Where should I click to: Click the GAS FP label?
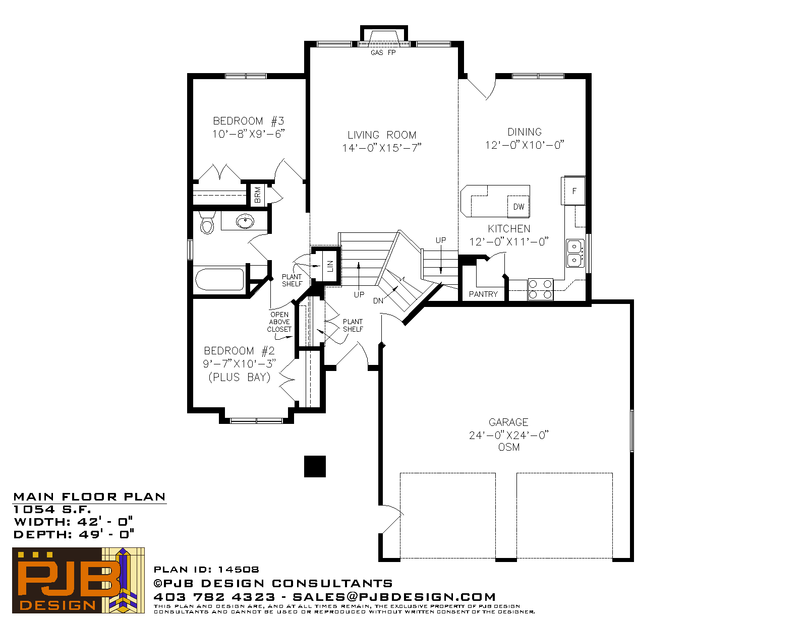[x=383, y=53]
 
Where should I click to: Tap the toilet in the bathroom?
[x=207, y=223]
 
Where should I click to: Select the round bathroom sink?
[x=245, y=221]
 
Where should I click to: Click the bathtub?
[x=219, y=279]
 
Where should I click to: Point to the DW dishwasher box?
[x=518, y=206]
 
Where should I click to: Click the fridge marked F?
[x=574, y=191]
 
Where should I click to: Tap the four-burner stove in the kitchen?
[x=540, y=289]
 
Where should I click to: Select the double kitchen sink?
[x=575, y=254]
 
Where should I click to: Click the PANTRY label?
[x=483, y=294]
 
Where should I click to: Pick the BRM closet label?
[x=258, y=195]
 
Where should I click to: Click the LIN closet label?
[x=330, y=266]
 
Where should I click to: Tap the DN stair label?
[x=378, y=301]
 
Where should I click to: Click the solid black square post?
[x=315, y=466]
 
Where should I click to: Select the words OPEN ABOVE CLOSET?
[x=279, y=322]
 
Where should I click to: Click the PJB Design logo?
[x=78, y=580]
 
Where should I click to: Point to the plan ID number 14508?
[x=239, y=570]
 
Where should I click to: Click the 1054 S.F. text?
[x=52, y=510]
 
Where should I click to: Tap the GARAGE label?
[x=508, y=422]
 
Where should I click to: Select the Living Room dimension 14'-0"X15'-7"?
[x=382, y=148]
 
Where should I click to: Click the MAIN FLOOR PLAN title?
[x=89, y=497]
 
